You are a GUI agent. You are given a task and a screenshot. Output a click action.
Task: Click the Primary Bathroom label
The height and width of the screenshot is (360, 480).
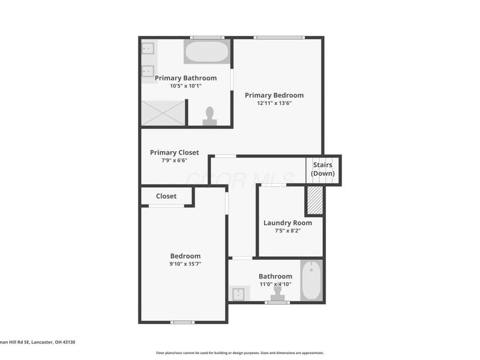click(185, 78)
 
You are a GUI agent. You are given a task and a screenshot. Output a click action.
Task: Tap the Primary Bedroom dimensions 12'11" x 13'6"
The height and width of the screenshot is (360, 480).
click(274, 103)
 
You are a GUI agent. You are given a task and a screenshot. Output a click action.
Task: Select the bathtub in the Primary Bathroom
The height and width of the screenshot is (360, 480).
click(207, 52)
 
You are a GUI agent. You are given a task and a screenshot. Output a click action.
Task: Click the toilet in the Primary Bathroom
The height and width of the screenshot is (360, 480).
click(210, 115)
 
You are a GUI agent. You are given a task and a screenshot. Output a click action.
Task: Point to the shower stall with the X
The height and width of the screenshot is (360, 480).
click(163, 113)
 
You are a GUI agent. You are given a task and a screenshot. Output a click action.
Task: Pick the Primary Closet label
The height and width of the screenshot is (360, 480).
click(174, 152)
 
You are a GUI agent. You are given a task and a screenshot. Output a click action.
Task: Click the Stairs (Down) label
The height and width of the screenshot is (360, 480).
click(323, 169)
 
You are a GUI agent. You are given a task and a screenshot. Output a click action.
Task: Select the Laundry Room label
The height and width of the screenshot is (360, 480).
click(287, 223)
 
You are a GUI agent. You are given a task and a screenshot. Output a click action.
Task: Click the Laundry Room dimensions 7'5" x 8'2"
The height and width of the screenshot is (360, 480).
click(287, 230)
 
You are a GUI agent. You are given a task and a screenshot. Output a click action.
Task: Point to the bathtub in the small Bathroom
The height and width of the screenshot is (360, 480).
click(311, 280)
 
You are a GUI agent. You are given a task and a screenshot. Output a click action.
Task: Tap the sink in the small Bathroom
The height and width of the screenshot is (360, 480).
click(238, 294)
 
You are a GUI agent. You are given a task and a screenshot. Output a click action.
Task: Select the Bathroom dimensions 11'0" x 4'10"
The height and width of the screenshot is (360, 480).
click(275, 284)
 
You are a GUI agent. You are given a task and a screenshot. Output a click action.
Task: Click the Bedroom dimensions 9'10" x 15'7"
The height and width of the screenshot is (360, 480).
click(185, 264)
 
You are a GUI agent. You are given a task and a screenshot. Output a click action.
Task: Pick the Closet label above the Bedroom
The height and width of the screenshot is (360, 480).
click(166, 196)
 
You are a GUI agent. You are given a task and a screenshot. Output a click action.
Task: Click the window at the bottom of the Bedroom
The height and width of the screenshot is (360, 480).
click(182, 322)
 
